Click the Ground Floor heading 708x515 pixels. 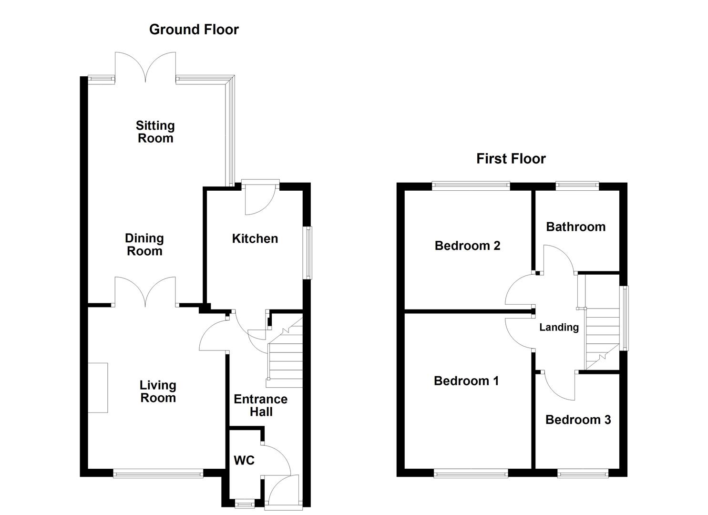[x=194, y=30]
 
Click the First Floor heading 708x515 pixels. [x=511, y=159]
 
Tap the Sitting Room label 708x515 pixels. [x=155, y=132]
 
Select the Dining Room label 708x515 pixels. [x=144, y=245]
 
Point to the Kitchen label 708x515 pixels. [x=255, y=239]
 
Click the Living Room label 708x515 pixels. [x=158, y=391]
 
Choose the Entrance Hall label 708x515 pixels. [x=261, y=405]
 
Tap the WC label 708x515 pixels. [x=244, y=460]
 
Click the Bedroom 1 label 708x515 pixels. [x=466, y=381]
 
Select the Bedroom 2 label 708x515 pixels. [x=467, y=246]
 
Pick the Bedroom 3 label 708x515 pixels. [x=578, y=420]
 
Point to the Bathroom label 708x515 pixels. [x=575, y=227]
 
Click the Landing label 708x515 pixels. [x=559, y=327]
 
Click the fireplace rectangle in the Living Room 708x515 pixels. [x=98, y=387]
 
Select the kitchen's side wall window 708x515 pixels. [x=308, y=252]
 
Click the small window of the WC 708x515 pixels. [x=246, y=502]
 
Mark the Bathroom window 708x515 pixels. [x=577, y=185]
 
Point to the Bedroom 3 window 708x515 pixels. [x=583, y=474]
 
